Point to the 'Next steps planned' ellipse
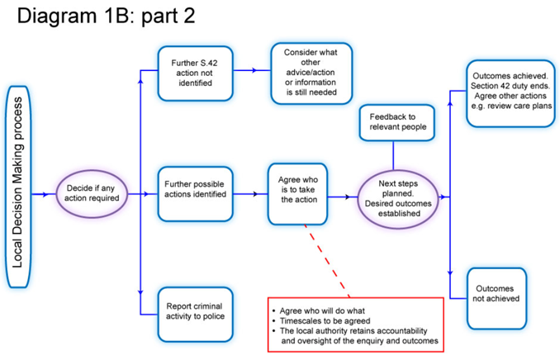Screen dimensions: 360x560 pos(396,197)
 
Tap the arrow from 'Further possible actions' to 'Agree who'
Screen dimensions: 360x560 pos(250,195)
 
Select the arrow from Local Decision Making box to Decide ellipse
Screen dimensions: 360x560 pos(41,196)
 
